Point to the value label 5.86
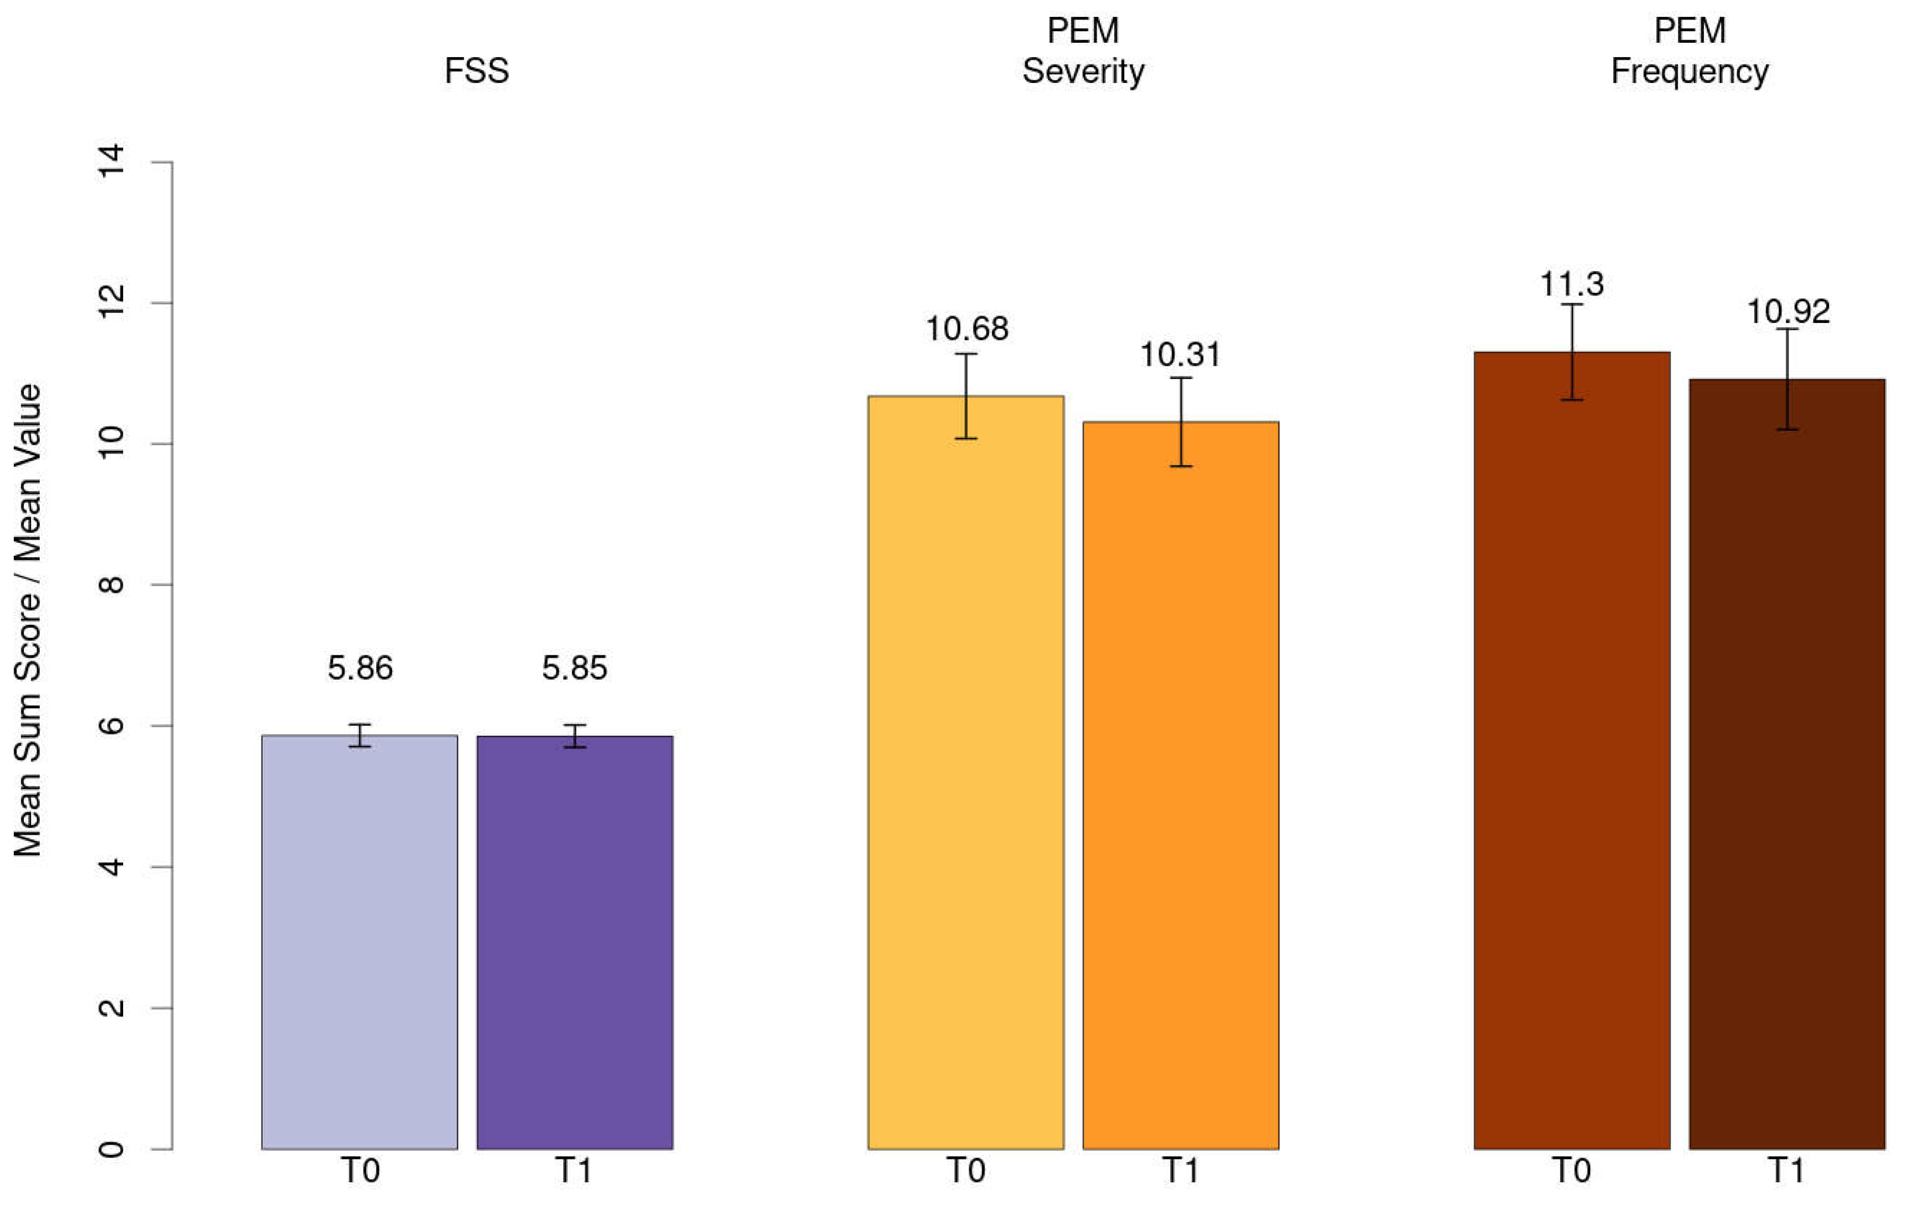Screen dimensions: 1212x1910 (360, 668)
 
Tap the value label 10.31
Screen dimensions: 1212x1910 (1180, 355)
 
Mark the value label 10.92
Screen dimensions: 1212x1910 (1788, 312)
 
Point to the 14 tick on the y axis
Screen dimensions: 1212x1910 (111, 162)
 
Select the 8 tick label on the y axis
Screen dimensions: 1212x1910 (111, 585)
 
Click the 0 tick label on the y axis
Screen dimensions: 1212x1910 (111, 1149)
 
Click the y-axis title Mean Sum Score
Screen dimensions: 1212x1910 (29, 619)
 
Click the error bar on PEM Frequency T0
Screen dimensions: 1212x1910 (1571, 352)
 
